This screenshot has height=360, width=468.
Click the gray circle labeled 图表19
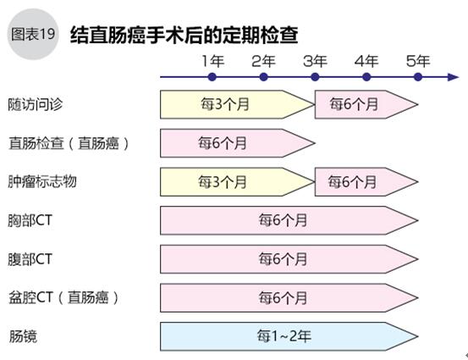[33, 34]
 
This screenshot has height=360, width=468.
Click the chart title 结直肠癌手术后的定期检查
[184, 35]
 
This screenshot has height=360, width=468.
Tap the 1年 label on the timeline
[213, 61]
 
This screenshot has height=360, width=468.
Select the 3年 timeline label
[315, 61]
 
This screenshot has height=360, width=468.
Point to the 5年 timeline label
[418, 61]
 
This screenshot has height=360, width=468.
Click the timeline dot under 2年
[263, 77]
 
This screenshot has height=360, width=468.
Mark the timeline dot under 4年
[366, 77]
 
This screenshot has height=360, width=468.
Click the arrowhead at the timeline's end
[454, 77]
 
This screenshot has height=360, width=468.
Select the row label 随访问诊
[36, 104]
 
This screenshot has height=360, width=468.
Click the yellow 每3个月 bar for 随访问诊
[237, 104]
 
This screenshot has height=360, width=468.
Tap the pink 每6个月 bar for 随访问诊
[366, 104]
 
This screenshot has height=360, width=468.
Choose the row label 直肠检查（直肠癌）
[69, 143]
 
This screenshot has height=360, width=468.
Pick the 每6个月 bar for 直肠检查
[237, 143]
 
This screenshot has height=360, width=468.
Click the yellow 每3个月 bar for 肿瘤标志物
[237, 182]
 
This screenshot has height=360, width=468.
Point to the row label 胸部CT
[30, 220]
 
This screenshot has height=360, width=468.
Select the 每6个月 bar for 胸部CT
[289, 220]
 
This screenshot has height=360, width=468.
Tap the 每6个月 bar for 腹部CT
[289, 259]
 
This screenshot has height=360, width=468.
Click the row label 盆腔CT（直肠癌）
[63, 297]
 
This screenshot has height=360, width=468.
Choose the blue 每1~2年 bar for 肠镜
[289, 336]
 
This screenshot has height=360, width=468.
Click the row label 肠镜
[23, 336]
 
